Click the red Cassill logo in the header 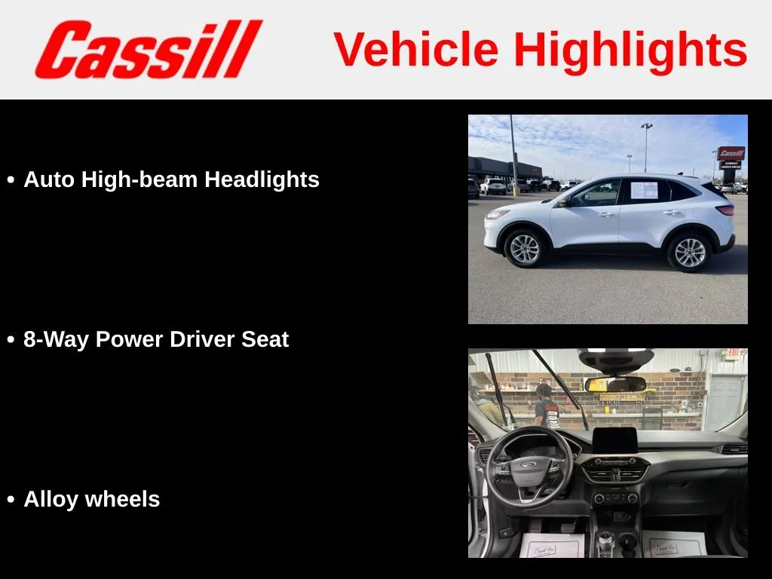tap(149, 49)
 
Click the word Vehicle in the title tap(416, 49)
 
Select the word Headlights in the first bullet tap(262, 179)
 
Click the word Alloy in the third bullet tap(51, 500)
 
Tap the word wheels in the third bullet tap(123, 499)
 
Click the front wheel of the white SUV tap(524, 248)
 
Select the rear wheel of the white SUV tap(689, 252)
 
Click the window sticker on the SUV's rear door tap(644, 190)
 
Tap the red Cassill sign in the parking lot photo tap(731, 153)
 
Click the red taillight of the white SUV tap(725, 210)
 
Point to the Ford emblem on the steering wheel tap(528, 464)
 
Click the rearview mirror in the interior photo tap(615, 384)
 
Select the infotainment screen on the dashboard tap(615, 441)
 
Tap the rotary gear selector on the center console tap(605, 540)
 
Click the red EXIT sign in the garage tap(734, 353)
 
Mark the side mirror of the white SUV tap(563, 202)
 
